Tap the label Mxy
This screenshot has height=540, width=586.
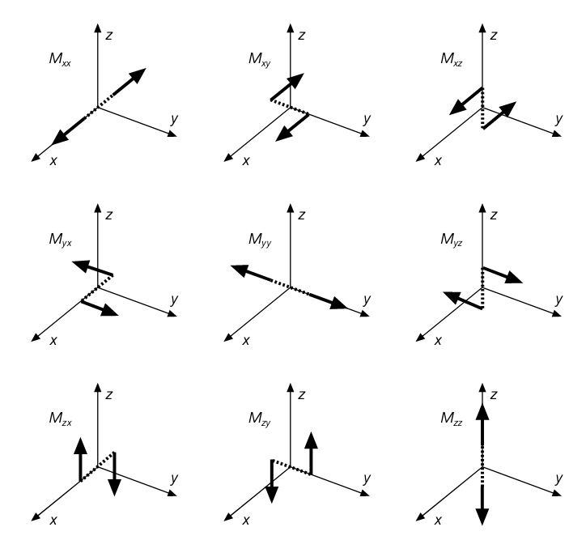tap(259, 59)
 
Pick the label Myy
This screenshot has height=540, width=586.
tap(259, 241)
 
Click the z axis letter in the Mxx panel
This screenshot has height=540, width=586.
tap(109, 36)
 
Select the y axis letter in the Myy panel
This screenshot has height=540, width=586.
tap(367, 299)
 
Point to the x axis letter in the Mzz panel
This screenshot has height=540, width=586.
tap(438, 520)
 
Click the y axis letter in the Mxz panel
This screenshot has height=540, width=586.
tap(558, 119)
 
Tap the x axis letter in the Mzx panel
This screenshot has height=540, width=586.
tap(53, 520)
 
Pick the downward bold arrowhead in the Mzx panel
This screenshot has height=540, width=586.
tap(114, 487)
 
